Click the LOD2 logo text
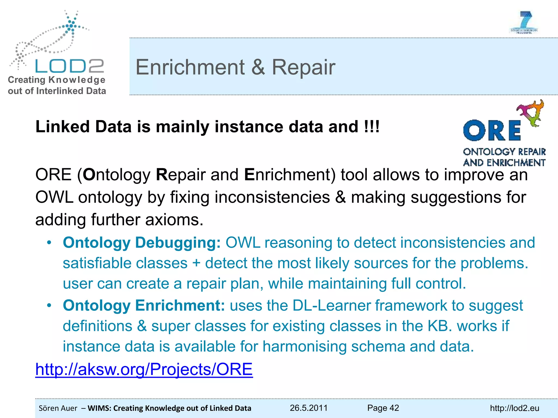[69, 66]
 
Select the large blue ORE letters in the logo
[492, 131]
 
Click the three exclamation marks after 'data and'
[372, 127]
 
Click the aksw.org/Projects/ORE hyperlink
[144, 369]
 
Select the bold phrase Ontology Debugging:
[142, 242]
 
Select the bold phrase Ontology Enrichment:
[144, 305]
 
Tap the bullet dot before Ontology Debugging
[49, 242]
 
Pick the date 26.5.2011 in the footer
[308, 408]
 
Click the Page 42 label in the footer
[383, 408]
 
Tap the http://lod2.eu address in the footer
[514, 408]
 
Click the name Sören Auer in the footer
[58, 408]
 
